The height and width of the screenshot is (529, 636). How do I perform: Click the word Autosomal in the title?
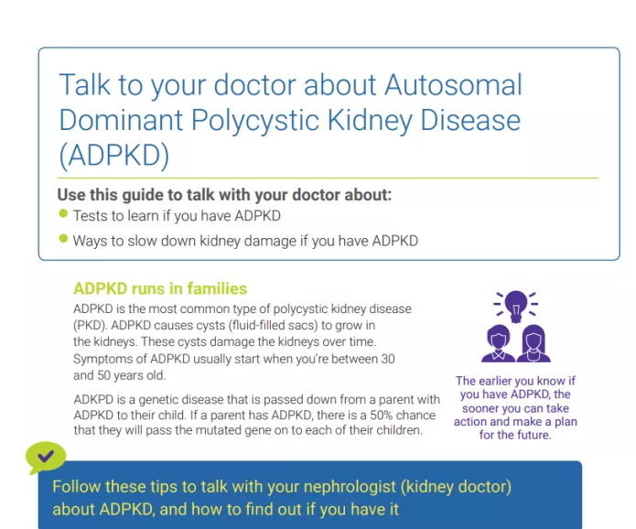click(452, 85)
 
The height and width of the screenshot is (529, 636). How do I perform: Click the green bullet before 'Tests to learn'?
click(63, 214)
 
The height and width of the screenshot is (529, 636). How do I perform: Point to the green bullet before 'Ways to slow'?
click(63, 239)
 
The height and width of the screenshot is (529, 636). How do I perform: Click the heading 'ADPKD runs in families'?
click(159, 288)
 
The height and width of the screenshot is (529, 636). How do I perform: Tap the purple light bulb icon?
click(516, 305)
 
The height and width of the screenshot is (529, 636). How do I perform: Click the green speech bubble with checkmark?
click(46, 455)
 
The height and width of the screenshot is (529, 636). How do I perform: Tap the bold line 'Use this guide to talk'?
click(223, 194)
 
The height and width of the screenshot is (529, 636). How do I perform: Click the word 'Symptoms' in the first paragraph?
click(102, 359)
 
